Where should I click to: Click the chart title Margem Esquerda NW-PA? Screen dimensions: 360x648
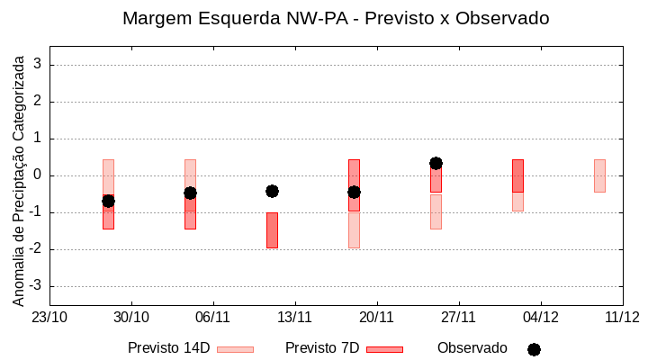[335, 18]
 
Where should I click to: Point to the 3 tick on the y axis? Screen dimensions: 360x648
[38, 65]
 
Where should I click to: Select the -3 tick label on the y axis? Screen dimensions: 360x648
[35, 286]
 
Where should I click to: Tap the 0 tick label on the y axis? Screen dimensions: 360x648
[38, 175]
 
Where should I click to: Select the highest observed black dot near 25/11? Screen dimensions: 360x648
[436, 163]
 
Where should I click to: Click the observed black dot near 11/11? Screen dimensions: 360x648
[272, 191]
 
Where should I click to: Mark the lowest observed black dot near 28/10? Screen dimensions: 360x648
[108, 201]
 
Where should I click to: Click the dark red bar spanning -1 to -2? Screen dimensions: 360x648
[272, 230]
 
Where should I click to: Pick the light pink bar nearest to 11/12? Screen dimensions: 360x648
[599, 175]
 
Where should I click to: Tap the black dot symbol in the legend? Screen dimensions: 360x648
[534, 349]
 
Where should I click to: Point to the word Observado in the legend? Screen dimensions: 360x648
[472, 348]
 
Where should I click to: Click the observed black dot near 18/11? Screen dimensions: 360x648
[354, 192]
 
